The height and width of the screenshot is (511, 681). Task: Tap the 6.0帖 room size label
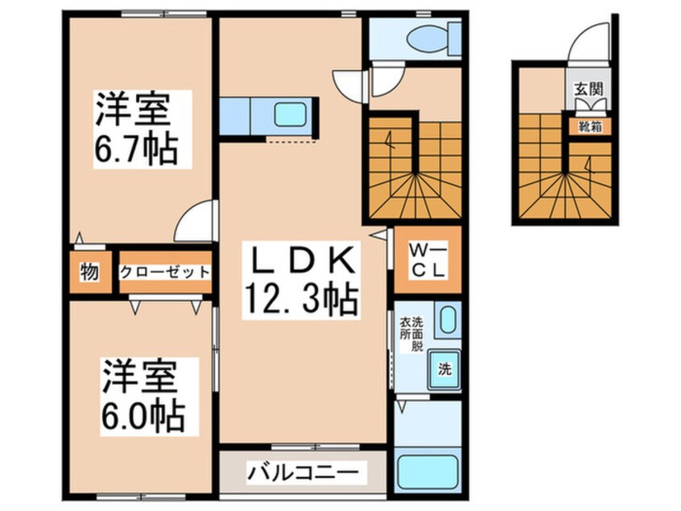[x=142, y=417]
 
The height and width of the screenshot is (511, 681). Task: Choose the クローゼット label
[x=165, y=272]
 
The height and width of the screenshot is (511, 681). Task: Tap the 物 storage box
[x=89, y=272]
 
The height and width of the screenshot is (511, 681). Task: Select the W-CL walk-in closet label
[x=427, y=260]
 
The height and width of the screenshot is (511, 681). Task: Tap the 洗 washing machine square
[x=444, y=370]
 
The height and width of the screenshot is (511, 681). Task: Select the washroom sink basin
[x=448, y=321]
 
